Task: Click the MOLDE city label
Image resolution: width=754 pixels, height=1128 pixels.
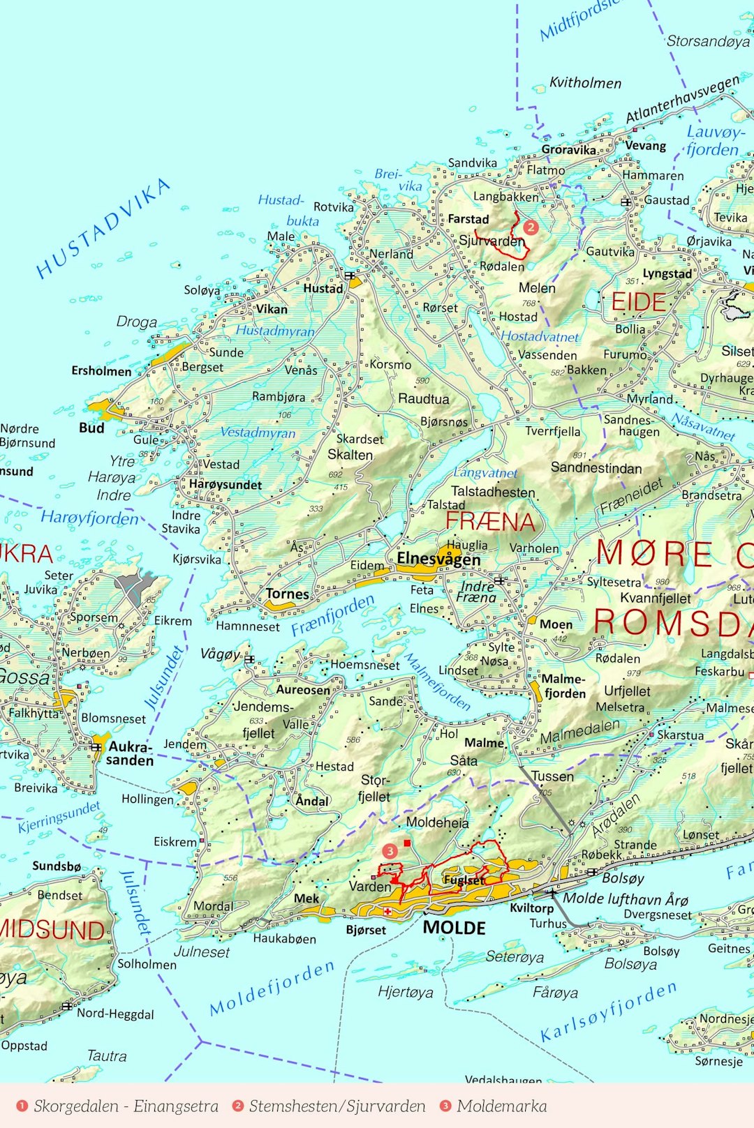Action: point(454,928)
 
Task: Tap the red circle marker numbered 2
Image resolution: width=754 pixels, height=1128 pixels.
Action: point(531,227)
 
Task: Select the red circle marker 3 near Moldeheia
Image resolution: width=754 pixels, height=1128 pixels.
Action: point(390,850)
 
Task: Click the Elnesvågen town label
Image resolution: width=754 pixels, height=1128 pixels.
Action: point(438,559)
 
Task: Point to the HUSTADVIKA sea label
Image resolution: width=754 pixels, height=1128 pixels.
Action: point(103,227)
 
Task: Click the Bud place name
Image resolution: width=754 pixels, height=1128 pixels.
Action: point(91,428)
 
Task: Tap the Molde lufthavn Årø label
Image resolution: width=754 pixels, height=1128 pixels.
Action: point(626,898)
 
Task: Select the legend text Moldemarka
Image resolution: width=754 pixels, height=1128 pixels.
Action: point(501,1106)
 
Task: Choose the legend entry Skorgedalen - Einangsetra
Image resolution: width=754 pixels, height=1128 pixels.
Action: point(126,1106)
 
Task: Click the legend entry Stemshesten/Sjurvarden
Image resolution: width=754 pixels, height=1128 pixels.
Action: point(337,1106)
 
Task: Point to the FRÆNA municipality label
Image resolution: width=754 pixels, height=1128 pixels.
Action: point(490,521)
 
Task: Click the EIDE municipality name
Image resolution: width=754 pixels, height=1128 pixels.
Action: point(638,302)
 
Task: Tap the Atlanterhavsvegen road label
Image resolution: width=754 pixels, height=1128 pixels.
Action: point(682,100)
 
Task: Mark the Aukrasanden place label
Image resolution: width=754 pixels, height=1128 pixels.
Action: point(130,753)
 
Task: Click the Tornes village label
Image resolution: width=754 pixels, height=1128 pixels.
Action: point(287,594)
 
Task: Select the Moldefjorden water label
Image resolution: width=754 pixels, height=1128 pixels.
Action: point(272,988)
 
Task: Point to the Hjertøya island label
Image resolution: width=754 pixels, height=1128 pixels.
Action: point(405,991)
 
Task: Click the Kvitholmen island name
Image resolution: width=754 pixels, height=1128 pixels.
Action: point(585,83)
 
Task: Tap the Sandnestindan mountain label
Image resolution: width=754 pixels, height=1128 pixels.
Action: point(596,467)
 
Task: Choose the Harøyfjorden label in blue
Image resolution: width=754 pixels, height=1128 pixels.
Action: point(89,518)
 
